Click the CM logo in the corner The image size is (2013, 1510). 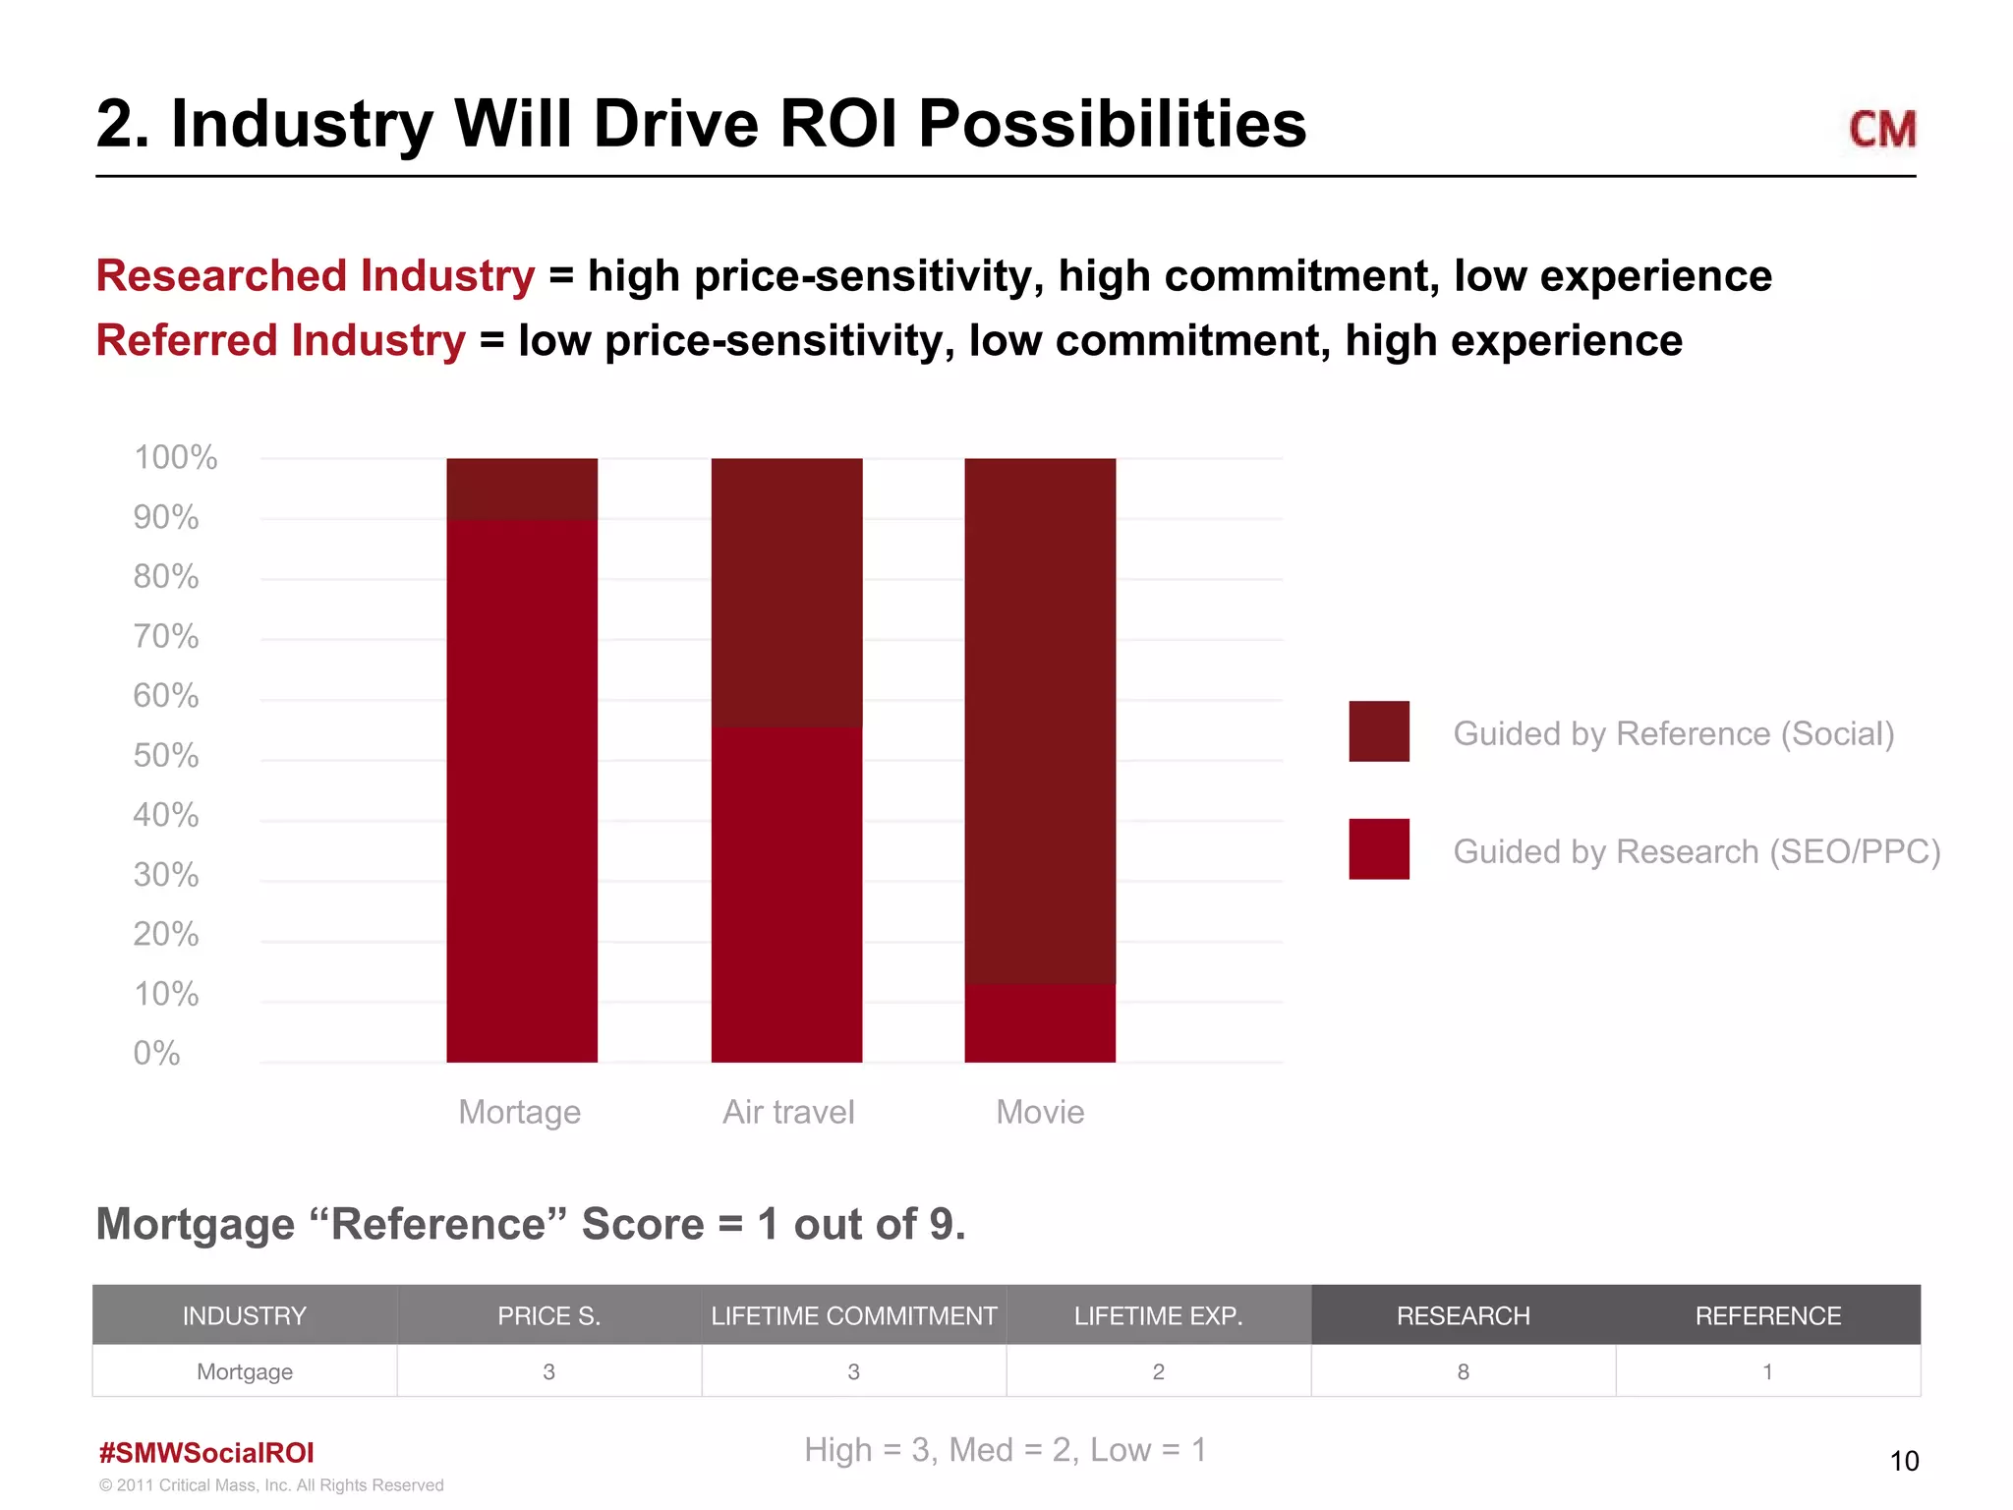coord(1881,129)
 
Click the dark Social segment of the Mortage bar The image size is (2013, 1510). coord(522,489)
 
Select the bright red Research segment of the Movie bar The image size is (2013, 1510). coord(1040,1022)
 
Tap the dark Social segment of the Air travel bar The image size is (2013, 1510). coord(786,592)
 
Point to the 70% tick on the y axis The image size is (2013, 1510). coord(166,637)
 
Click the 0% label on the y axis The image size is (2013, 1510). coord(157,1054)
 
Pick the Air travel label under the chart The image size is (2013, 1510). coord(788,1112)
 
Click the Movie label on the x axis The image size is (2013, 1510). coord(1040,1112)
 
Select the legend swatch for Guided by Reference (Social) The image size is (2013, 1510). coord(1378,731)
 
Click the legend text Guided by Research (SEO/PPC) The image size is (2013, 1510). coord(1697,851)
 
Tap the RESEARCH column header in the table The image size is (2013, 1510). coord(1463,1315)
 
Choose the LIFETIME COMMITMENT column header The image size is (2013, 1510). coord(853,1315)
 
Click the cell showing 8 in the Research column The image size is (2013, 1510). coord(1463,1371)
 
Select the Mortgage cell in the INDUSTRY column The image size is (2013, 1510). coord(245,1371)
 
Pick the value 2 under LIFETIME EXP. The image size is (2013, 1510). coord(1158,1371)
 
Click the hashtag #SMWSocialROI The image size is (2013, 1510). coord(206,1453)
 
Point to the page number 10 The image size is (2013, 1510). coord(1904,1461)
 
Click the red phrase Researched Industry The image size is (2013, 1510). coord(316,276)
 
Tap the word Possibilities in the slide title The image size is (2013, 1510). coord(1112,125)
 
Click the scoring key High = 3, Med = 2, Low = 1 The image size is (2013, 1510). coord(1005,1450)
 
